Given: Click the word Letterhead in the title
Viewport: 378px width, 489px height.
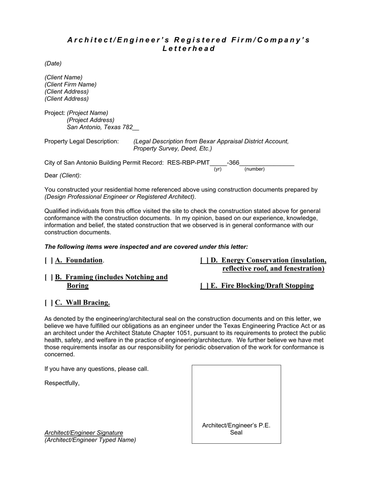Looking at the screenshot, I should tap(189, 49).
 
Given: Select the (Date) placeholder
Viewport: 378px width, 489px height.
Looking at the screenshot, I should tap(53, 64).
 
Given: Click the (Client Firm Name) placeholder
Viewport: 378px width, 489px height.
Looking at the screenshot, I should tap(70, 85).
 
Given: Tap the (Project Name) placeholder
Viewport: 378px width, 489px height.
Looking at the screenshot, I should tap(88, 113).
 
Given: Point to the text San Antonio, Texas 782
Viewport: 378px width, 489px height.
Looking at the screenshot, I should tap(100, 127).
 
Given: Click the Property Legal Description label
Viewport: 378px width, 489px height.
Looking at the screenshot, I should tap(82, 142).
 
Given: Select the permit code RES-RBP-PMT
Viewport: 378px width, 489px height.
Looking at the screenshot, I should tap(188, 163).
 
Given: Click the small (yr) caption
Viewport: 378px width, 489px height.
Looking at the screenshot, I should tap(218, 169).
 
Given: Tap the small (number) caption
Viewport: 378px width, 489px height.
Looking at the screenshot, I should tap(254, 169).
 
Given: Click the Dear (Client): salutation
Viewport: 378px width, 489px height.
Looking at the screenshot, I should tap(63, 176).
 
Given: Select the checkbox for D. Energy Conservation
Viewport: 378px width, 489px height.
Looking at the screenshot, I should tap(205, 261).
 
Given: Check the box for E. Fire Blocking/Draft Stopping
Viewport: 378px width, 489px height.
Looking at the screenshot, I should tap(205, 286).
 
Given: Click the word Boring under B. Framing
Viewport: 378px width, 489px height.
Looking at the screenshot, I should tap(78, 286).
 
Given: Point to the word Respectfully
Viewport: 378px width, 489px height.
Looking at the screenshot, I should tap(62, 383).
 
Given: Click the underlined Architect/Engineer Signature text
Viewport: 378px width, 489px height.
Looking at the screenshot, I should tap(84, 433).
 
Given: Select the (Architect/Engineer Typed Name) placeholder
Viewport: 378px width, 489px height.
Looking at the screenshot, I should tap(90, 440).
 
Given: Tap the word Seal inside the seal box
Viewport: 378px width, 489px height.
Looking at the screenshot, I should tap(236, 433).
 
